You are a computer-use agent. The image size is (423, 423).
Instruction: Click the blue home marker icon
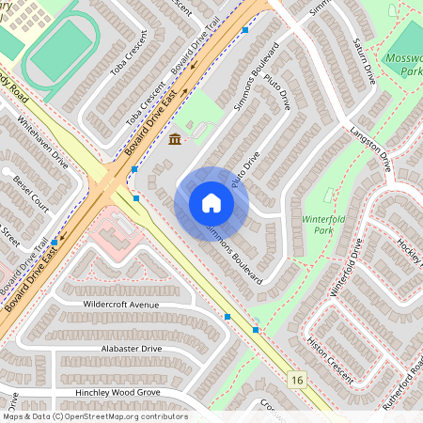tap(211, 203)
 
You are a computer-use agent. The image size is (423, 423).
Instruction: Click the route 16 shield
tap(298, 380)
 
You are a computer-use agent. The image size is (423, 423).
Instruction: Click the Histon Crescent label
tap(330, 362)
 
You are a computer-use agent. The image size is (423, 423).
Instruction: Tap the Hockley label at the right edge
tap(410, 248)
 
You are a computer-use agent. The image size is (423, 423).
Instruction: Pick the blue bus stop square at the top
tap(244, 31)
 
